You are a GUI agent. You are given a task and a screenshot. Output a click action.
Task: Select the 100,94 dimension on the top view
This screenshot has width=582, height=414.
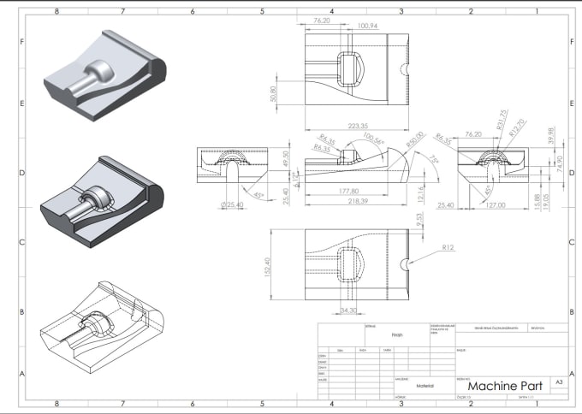(x=369, y=27)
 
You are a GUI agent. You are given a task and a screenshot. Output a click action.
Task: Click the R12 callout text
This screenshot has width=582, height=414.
(x=448, y=247)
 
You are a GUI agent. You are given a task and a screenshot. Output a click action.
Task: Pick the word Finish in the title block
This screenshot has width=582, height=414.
(x=396, y=336)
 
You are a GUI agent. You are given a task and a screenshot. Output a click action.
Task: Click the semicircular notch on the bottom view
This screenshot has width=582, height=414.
(x=406, y=263)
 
